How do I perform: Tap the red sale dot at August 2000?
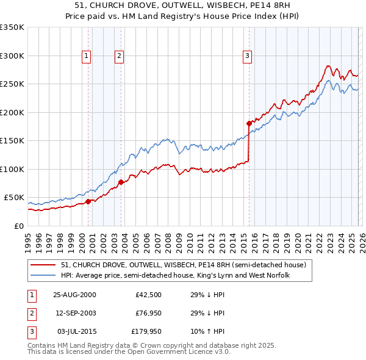[88, 201]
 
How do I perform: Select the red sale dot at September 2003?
[121, 182]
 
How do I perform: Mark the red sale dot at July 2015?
[249, 123]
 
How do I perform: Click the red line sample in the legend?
[43, 265]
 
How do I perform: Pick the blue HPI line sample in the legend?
[43, 276]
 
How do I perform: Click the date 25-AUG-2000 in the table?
[74, 295]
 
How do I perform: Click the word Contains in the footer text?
[43, 345]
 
